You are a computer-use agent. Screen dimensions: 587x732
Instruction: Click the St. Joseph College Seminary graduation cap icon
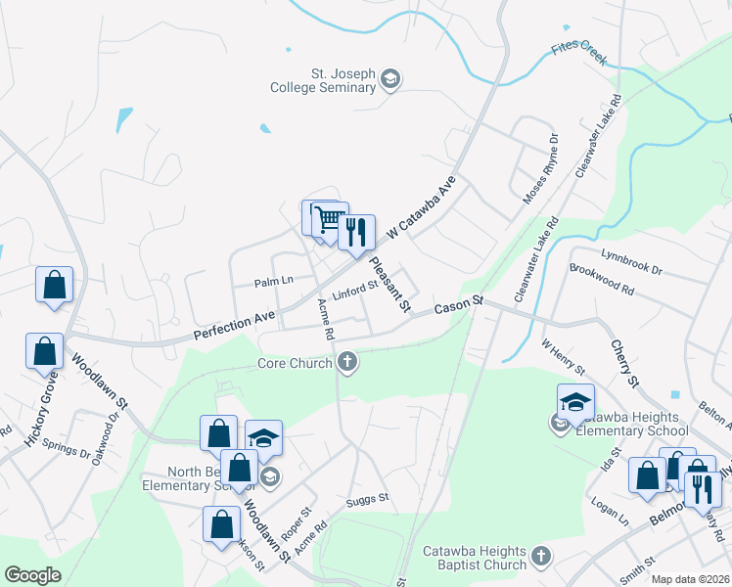(x=390, y=79)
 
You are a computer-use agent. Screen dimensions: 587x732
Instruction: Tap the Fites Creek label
(x=579, y=52)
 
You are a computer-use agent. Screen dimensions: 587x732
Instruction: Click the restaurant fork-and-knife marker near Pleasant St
(x=356, y=233)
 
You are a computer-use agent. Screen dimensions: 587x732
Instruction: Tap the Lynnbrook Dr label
(x=631, y=260)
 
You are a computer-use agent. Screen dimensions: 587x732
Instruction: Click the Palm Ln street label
(x=274, y=281)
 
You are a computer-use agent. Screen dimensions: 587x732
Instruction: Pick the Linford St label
(x=354, y=290)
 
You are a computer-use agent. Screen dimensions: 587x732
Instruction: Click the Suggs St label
(x=368, y=499)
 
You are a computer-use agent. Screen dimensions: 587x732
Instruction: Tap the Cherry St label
(x=623, y=363)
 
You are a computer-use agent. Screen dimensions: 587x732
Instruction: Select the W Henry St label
(x=563, y=357)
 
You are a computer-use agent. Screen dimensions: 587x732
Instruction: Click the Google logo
(x=33, y=575)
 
